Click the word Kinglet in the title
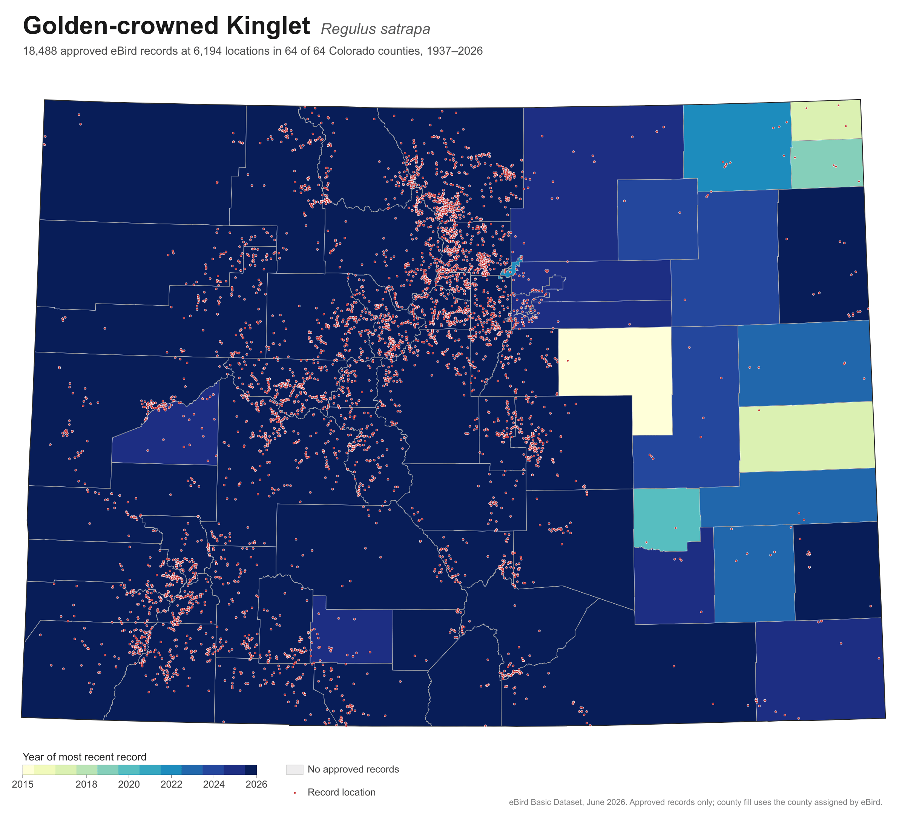click(x=268, y=26)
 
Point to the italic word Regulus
click(x=348, y=29)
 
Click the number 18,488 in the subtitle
click(x=40, y=51)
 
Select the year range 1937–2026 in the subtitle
click(x=454, y=51)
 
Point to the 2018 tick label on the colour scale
click(x=86, y=784)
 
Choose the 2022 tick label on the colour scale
click(x=171, y=784)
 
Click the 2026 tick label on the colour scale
click(x=256, y=784)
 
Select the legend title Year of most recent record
click(x=84, y=757)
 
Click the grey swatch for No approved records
click(x=295, y=769)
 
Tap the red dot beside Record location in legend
click(x=295, y=793)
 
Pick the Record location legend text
click(x=341, y=792)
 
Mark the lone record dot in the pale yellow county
click(x=568, y=360)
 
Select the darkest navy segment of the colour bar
click(x=250, y=769)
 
